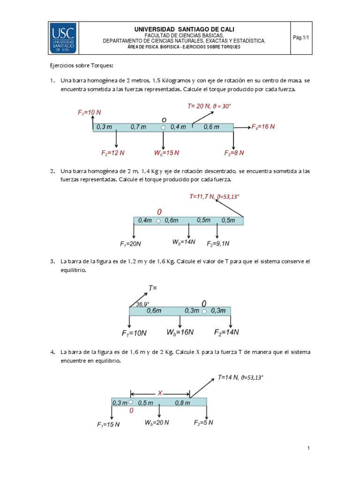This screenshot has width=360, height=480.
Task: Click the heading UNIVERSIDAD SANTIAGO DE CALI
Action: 184,30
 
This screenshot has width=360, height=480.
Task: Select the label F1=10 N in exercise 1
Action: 90,112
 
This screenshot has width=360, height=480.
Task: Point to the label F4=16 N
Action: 263,127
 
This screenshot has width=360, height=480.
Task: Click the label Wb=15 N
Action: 166,153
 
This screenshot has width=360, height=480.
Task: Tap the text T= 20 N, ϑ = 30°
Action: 209,106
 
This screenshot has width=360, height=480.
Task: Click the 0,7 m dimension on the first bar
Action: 138,127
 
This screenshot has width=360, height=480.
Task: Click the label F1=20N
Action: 131,244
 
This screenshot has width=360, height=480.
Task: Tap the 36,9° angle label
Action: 142,304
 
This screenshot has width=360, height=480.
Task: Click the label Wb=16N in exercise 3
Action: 180,332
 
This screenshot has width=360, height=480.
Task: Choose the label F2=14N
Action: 227,332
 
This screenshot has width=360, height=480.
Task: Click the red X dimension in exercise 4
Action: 160,394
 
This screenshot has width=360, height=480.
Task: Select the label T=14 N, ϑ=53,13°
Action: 244,377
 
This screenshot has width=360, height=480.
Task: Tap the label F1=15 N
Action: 108,425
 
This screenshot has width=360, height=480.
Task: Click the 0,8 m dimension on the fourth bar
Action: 182,403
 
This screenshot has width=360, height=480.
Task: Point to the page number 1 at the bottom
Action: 308,449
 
